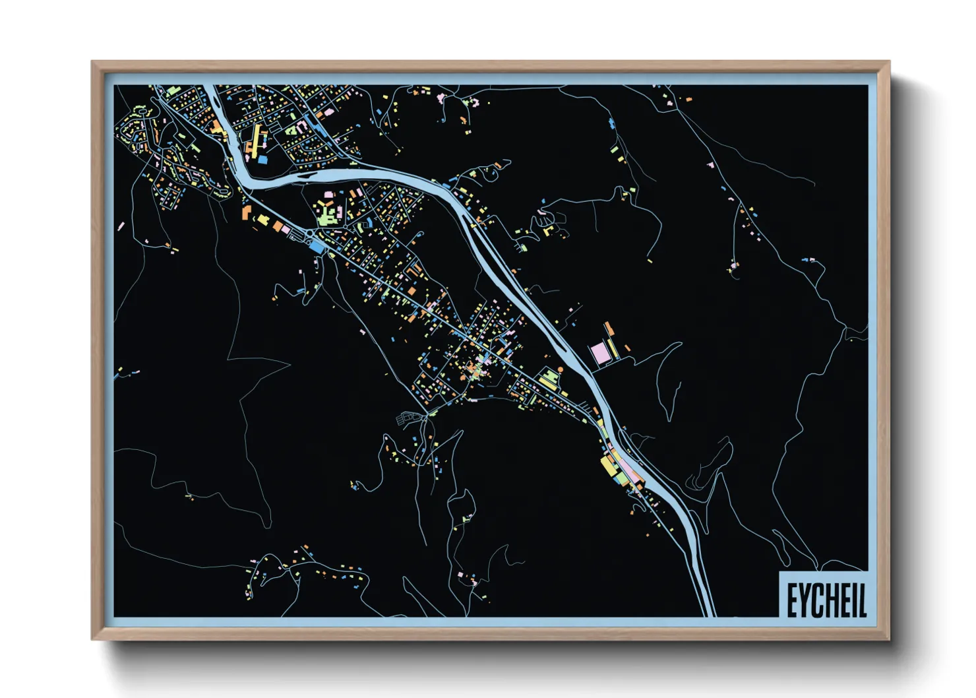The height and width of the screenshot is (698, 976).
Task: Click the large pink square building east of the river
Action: [x=600, y=353]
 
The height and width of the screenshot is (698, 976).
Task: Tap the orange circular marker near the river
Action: [x=561, y=369]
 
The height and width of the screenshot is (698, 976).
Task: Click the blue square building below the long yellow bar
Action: [x=262, y=160]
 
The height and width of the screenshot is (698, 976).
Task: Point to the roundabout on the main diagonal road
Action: [x=310, y=234]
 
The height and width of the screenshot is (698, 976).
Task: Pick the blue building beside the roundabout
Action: [x=319, y=246]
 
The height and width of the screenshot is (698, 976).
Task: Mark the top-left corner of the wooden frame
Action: [x=92, y=61]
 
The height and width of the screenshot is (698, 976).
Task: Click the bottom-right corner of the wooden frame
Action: [x=889, y=639]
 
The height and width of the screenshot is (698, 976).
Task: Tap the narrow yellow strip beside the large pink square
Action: [x=613, y=349]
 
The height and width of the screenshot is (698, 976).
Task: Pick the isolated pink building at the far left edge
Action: [x=121, y=227]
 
